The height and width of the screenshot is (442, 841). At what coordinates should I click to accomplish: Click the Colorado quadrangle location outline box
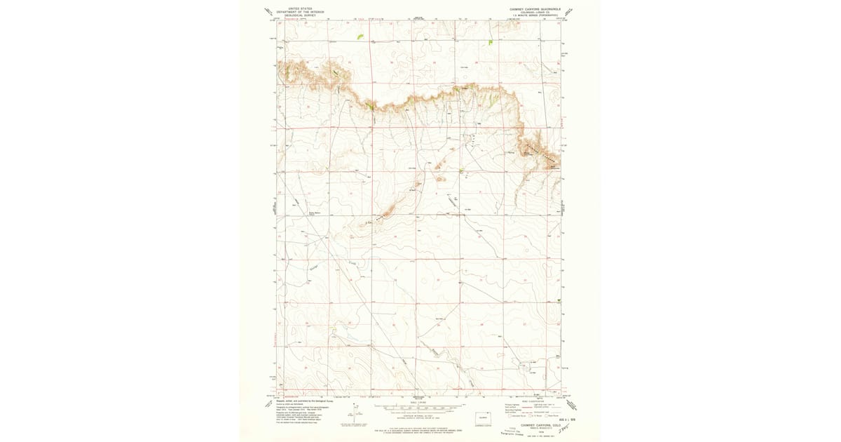pyautogui.click(x=482, y=418)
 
